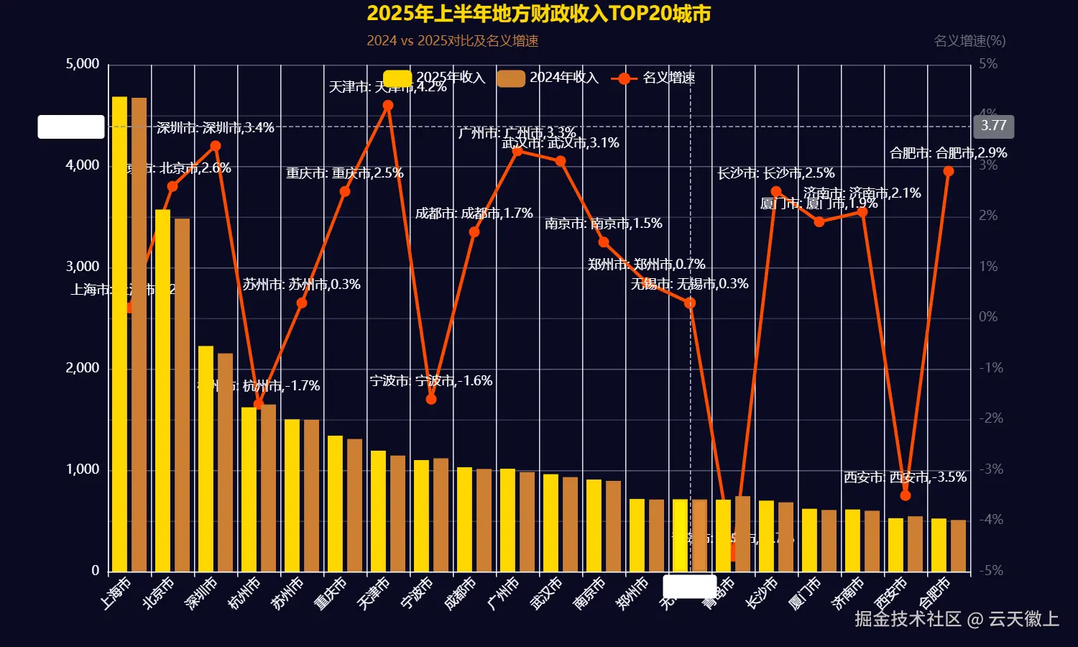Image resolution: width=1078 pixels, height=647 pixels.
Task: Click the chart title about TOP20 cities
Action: click(538, 14)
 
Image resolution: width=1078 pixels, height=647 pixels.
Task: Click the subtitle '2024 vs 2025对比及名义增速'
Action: click(452, 41)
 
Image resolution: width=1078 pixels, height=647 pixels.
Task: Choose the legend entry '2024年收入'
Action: click(548, 78)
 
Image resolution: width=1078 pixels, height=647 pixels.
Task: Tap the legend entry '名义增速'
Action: click(653, 78)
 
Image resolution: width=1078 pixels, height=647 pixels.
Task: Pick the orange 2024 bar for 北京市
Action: click(183, 395)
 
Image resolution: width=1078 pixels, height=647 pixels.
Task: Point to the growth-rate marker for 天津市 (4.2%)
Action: click(388, 106)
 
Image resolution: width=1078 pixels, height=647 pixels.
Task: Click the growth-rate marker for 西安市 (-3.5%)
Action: click(906, 495)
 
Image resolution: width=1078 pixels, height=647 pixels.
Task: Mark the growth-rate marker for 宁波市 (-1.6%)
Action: click(431, 399)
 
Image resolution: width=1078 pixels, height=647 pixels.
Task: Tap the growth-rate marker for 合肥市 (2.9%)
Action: click(949, 171)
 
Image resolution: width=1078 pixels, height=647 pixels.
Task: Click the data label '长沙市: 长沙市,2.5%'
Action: click(776, 173)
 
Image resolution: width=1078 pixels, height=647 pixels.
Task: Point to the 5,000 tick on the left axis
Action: click(83, 64)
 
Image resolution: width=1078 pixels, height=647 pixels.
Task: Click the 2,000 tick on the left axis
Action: click(83, 368)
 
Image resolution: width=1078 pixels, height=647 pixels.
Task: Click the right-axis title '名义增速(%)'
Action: click(969, 41)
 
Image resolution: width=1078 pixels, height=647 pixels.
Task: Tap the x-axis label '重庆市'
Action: click(331, 594)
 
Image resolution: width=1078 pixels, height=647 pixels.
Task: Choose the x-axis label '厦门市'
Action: click(805, 594)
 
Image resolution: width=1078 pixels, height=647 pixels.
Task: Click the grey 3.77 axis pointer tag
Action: click(994, 127)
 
